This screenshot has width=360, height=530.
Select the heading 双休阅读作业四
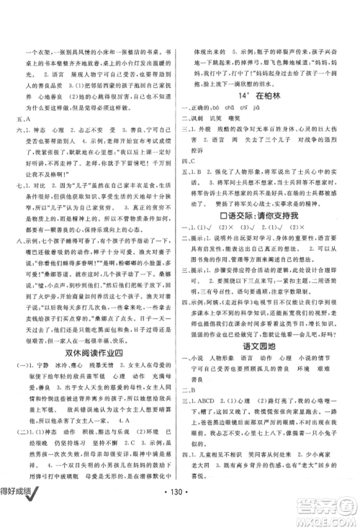click(93, 347)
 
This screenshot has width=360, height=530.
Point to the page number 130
click(179, 511)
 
